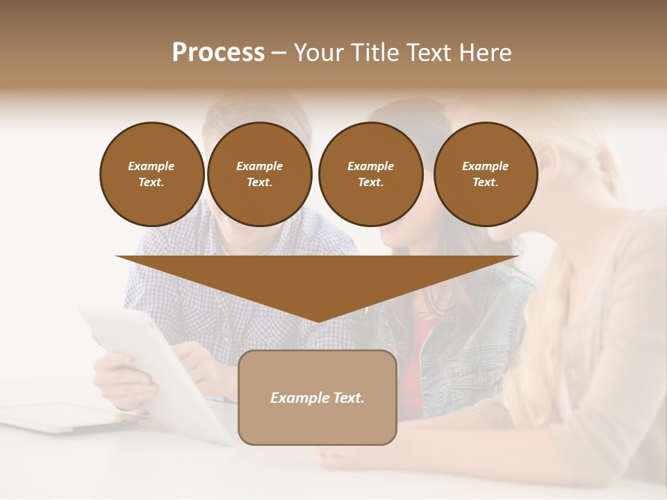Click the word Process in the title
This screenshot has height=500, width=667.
coord(218,52)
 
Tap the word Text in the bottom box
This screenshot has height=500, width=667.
coord(347,398)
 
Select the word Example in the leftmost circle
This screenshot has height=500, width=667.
coord(151,166)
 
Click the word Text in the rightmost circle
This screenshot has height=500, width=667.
coord(485,182)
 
